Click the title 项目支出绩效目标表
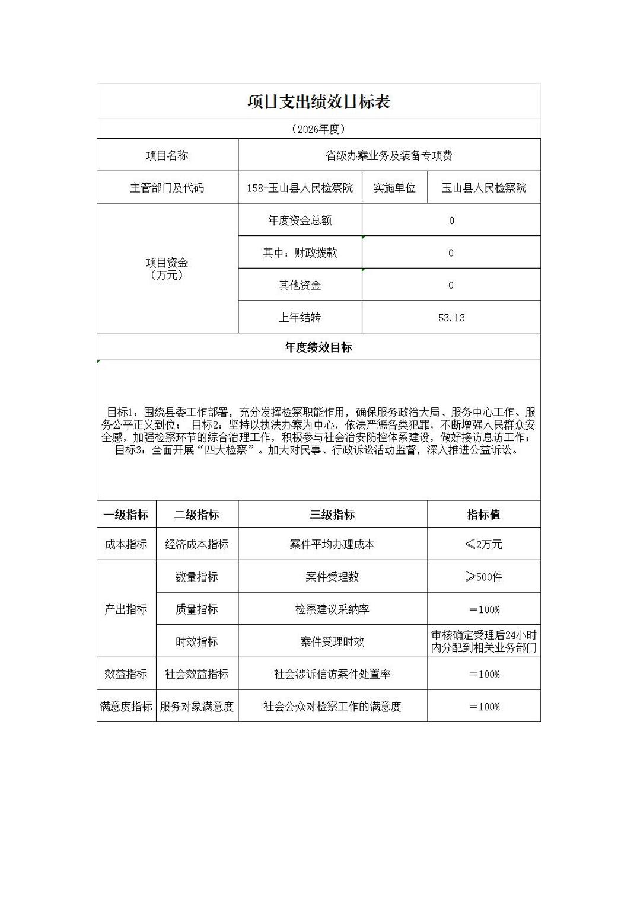[318, 102]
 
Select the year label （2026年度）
[318, 129]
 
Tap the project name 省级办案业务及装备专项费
[389, 155]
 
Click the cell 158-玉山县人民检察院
[300, 188]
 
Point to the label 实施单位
[394, 188]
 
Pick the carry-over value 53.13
[451, 318]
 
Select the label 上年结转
[300, 318]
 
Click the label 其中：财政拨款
[300, 253]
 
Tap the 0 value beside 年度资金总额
[451, 221]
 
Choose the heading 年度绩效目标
[318, 347]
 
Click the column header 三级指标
[332, 515]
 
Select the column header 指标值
[483, 515]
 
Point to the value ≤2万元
[483, 544]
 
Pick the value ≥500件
[483, 577]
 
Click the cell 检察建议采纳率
[332, 609]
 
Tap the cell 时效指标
[197, 641]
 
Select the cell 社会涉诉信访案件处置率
[332, 674]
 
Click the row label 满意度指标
[126, 706]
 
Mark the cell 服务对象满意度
[197, 706]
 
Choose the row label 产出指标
[126, 609]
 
